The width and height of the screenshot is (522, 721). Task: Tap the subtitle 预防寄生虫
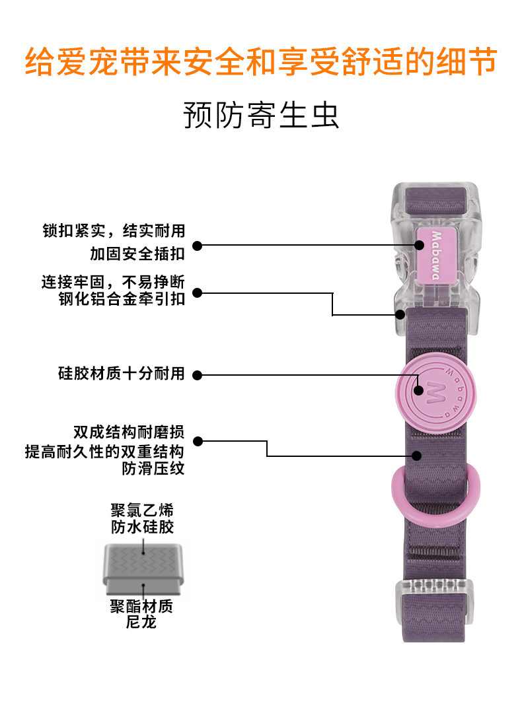[260, 115]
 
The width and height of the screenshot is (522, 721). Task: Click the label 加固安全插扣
[137, 254]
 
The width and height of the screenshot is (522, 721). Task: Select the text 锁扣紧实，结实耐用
[114, 230]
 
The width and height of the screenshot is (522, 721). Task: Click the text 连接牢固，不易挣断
[114, 282]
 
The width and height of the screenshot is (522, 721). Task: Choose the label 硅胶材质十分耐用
[122, 373]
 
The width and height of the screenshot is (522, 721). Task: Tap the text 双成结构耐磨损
[129, 433]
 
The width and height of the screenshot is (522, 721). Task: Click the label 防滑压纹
[153, 469]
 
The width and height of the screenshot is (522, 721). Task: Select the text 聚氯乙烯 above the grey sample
[143, 510]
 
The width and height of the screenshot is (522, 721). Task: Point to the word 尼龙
[141, 622]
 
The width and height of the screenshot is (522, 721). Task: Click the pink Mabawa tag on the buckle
[435, 256]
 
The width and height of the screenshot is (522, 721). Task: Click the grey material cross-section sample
[143, 567]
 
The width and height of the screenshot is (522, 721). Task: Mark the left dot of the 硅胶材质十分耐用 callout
[198, 375]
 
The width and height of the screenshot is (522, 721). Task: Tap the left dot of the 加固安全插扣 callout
[198, 246]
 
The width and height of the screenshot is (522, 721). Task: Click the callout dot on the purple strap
[418, 456]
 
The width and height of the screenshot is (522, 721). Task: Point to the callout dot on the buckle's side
[399, 314]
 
